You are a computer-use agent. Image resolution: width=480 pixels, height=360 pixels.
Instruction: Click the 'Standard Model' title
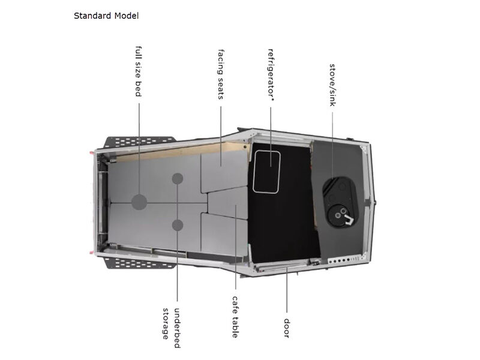pyautogui.click(x=106, y=16)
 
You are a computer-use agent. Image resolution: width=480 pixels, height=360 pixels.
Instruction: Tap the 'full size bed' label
pyautogui.click(x=139, y=71)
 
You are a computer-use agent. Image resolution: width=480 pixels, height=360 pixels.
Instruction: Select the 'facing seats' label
pyautogui.click(x=221, y=74)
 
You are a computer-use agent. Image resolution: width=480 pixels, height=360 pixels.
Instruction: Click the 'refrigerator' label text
pyautogui.click(x=271, y=74)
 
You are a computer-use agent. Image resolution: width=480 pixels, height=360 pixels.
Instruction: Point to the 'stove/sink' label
pyautogui.click(x=332, y=85)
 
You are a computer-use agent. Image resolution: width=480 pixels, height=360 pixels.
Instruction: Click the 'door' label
pyautogui.click(x=287, y=328)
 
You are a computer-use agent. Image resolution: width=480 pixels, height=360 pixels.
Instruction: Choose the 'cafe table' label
pyautogui.click(x=235, y=317)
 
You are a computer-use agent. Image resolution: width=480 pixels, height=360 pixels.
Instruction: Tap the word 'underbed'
pyautogui.click(x=177, y=328)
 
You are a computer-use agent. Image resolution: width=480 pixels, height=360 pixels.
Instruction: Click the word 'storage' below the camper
pyautogui.click(x=166, y=323)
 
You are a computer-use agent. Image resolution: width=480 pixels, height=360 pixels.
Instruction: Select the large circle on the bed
pyautogui.click(x=139, y=202)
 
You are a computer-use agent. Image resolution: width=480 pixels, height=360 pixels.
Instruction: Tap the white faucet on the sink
pyautogui.click(x=348, y=219)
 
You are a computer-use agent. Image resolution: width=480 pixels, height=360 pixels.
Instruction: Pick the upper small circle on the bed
pyautogui.click(x=178, y=178)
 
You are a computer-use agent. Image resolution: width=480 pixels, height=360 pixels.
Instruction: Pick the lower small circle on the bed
pyautogui.click(x=178, y=226)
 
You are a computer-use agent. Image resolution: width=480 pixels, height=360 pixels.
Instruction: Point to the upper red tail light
pyautogui.click(x=91, y=152)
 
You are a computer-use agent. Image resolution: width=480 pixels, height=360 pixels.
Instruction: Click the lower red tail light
pyautogui.click(x=91, y=253)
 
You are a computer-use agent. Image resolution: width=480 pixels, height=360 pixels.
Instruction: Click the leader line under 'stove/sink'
pyautogui.click(x=333, y=145)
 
